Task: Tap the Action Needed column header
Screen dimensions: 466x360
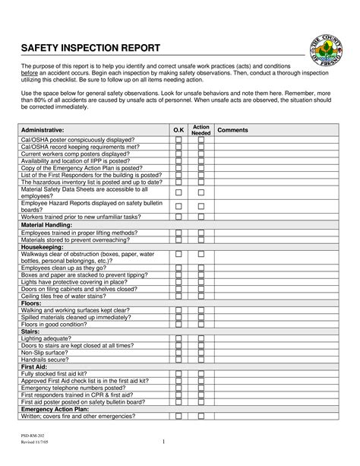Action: pyautogui.click(x=201, y=130)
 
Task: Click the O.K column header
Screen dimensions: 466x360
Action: pyautogui.click(x=178, y=130)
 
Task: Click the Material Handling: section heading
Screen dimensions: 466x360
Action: pyautogui.click(x=49, y=225)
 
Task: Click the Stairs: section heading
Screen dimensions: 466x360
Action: pyautogui.click(x=31, y=331)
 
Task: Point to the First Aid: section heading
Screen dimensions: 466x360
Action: pyautogui.click(x=34, y=366)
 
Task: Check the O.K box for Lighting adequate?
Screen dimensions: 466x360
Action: pyautogui.click(x=178, y=338)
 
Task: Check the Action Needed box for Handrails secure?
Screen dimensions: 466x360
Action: pyautogui.click(x=201, y=360)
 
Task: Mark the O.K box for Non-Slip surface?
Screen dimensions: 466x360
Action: pyautogui.click(x=178, y=353)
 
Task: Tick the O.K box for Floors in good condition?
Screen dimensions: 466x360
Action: pyautogui.click(x=178, y=324)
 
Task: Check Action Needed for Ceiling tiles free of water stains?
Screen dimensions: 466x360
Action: pyautogui.click(x=201, y=296)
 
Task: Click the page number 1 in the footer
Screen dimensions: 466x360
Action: pyautogui.click(x=163, y=442)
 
